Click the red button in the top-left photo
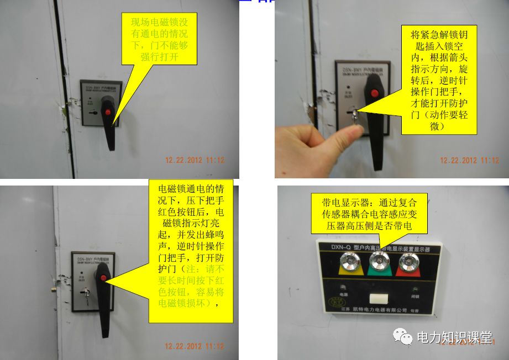[109, 113]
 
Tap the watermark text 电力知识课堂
[453, 337]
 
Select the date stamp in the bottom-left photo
[195, 346]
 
